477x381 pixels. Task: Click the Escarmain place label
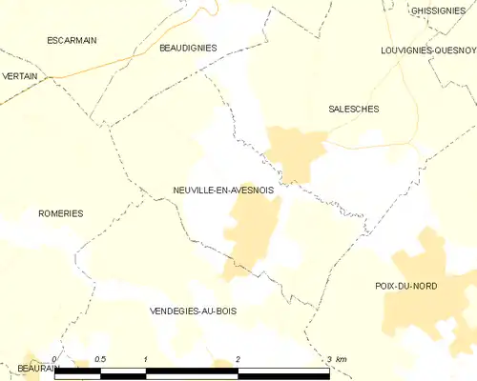click(x=73, y=40)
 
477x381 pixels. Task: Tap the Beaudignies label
click(x=188, y=47)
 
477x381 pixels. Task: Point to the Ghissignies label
click(x=437, y=10)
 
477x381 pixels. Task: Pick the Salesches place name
click(x=353, y=109)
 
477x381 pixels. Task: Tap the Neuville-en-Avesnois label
click(x=223, y=190)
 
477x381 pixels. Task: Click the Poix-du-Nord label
click(x=406, y=286)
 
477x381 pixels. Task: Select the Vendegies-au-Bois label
click(x=194, y=311)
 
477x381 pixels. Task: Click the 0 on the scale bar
click(x=55, y=358)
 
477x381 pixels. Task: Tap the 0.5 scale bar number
click(x=100, y=358)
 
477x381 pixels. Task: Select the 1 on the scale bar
click(x=145, y=358)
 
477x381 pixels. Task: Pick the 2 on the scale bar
click(x=237, y=358)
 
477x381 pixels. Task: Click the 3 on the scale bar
click(x=328, y=358)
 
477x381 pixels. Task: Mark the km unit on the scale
click(x=342, y=358)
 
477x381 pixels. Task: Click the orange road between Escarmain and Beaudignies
click(x=124, y=63)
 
